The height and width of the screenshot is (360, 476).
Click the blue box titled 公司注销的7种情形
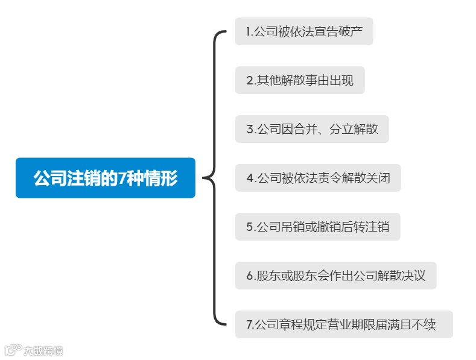[106, 178]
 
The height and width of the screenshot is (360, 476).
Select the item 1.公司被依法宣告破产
[303, 31]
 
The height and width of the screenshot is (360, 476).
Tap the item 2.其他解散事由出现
[300, 80]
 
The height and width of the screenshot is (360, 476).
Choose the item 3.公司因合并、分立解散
[312, 129]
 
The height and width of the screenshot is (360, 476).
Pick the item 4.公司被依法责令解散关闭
[318, 178]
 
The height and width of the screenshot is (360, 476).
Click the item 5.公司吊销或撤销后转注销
[317, 227]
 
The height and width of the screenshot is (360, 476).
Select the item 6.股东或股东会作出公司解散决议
[335, 276]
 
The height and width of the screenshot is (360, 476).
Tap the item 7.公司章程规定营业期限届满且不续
[343, 325]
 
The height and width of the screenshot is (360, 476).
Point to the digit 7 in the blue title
[121, 178]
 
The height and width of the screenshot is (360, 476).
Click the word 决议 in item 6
[414, 276]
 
